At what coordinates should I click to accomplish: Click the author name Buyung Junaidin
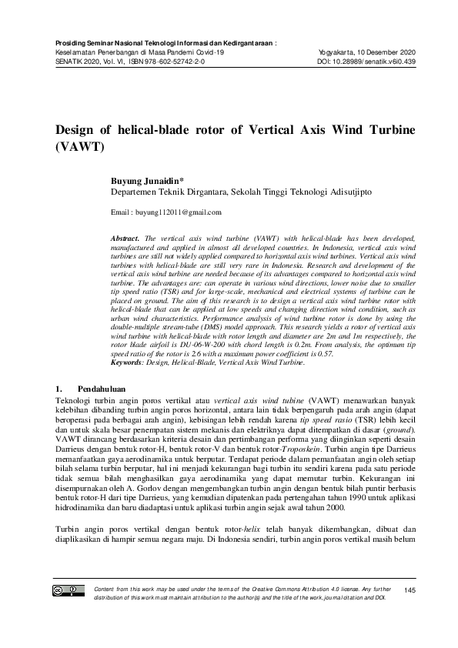coord(145,177)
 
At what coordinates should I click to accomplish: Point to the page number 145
coord(409,590)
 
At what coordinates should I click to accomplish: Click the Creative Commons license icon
coord(69,590)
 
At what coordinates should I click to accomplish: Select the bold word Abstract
coord(126,240)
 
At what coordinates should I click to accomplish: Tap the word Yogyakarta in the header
coord(336,51)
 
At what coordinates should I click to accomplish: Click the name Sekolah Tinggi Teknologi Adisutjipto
coord(282,189)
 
